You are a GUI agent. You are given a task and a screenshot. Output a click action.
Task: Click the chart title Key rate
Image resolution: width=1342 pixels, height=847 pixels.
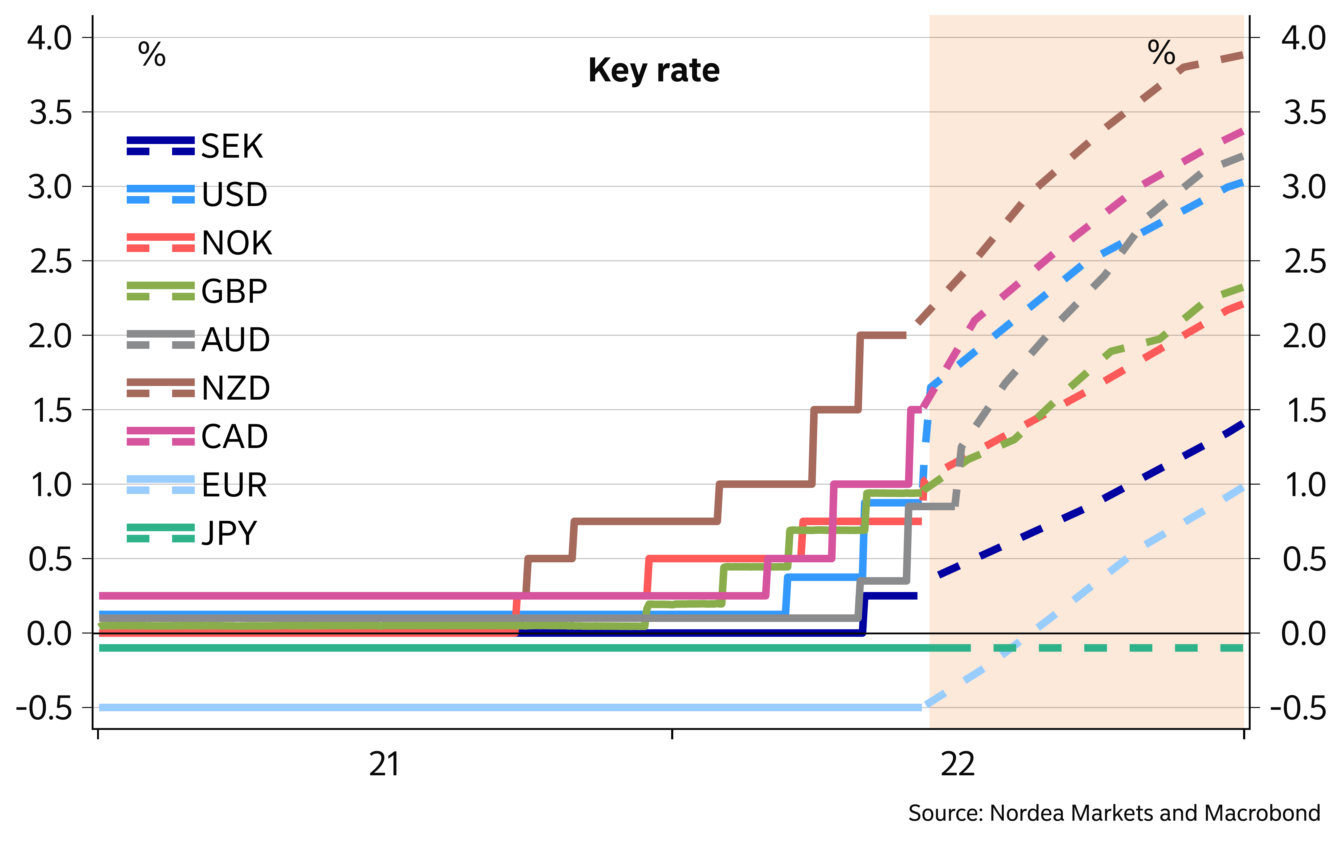coord(653,71)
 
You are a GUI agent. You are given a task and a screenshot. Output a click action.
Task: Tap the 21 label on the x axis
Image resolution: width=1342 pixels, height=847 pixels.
coord(384,764)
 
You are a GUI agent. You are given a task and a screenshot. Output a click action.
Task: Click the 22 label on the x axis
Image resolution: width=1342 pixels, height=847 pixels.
coord(958,764)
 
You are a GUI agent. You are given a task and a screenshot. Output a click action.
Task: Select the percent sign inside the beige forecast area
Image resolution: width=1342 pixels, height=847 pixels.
coord(1161,53)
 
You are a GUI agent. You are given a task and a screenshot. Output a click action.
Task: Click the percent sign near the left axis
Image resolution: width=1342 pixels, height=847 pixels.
coord(152,55)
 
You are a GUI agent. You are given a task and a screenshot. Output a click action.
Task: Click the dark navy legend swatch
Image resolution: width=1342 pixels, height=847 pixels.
coord(161,146)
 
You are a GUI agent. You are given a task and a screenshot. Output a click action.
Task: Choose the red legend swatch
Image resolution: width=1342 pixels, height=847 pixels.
coord(161,242)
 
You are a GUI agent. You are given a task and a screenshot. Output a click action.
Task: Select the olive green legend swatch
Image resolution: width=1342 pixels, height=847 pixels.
coord(161,291)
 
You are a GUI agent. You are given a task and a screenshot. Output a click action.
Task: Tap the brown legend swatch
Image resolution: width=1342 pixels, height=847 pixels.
coord(161,388)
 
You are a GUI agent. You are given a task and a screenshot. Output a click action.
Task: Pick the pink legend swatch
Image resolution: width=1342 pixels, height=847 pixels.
coord(161,436)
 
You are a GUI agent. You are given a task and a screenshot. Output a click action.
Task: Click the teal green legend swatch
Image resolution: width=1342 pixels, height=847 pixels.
coord(161,533)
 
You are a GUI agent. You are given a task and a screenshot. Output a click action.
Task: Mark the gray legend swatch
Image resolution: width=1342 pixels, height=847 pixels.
coord(161,339)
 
